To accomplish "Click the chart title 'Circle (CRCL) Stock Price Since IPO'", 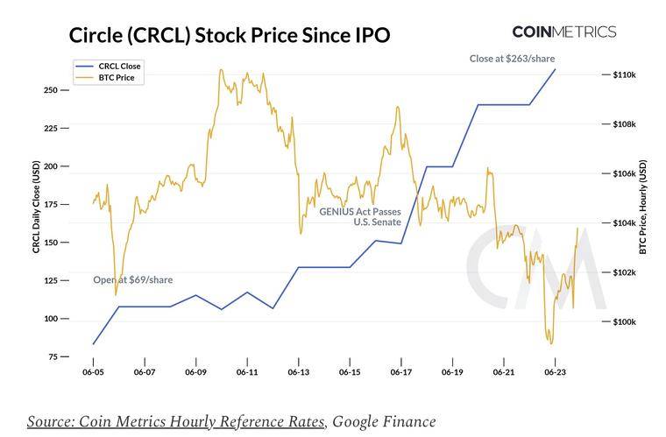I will click(x=230, y=36).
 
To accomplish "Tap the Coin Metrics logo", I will click(x=563, y=32).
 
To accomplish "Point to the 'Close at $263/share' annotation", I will click(x=512, y=58).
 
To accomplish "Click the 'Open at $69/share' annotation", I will click(x=133, y=280).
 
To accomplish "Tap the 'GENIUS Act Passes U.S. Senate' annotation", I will click(x=359, y=217).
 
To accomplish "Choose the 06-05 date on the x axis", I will click(x=93, y=372).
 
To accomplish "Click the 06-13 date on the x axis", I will click(x=299, y=372).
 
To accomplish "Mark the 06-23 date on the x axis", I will click(x=555, y=372).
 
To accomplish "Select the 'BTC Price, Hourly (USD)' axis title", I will click(x=643, y=207).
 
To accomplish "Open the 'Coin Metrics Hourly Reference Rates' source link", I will click(x=176, y=421).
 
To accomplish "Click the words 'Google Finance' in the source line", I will click(x=385, y=421).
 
